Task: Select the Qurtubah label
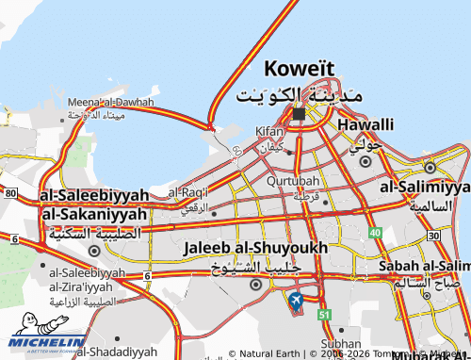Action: tap(293, 180)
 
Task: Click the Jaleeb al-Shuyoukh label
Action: tap(256, 247)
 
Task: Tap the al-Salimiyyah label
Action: tap(424, 187)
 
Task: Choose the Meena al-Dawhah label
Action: tap(110, 102)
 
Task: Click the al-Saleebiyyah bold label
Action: tap(93, 195)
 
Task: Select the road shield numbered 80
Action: tap(10, 192)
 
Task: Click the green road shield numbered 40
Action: tap(375, 233)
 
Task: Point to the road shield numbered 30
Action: tap(433, 235)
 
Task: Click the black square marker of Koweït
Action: tap(299, 114)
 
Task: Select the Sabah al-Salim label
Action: tap(425, 266)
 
